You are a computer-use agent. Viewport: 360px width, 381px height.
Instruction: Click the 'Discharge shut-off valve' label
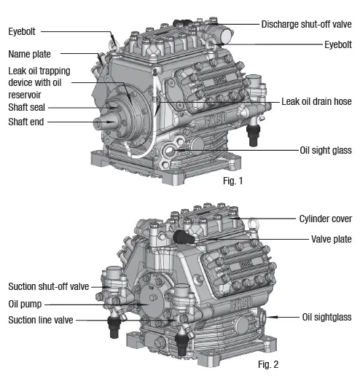[x=306, y=24]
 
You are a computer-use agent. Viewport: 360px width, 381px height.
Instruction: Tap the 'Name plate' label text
[x=30, y=54]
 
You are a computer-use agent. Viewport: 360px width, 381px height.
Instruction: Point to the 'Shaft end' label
[x=27, y=122]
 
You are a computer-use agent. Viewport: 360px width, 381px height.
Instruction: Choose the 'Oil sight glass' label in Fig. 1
[x=326, y=151]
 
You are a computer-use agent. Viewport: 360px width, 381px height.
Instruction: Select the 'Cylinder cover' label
[x=325, y=219]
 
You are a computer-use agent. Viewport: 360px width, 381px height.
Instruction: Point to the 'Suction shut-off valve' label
[x=48, y=286]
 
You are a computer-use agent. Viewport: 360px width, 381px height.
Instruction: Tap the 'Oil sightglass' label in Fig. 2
[x=326, y=317]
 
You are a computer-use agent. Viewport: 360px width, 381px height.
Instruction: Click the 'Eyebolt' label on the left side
[x=23, y=31]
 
